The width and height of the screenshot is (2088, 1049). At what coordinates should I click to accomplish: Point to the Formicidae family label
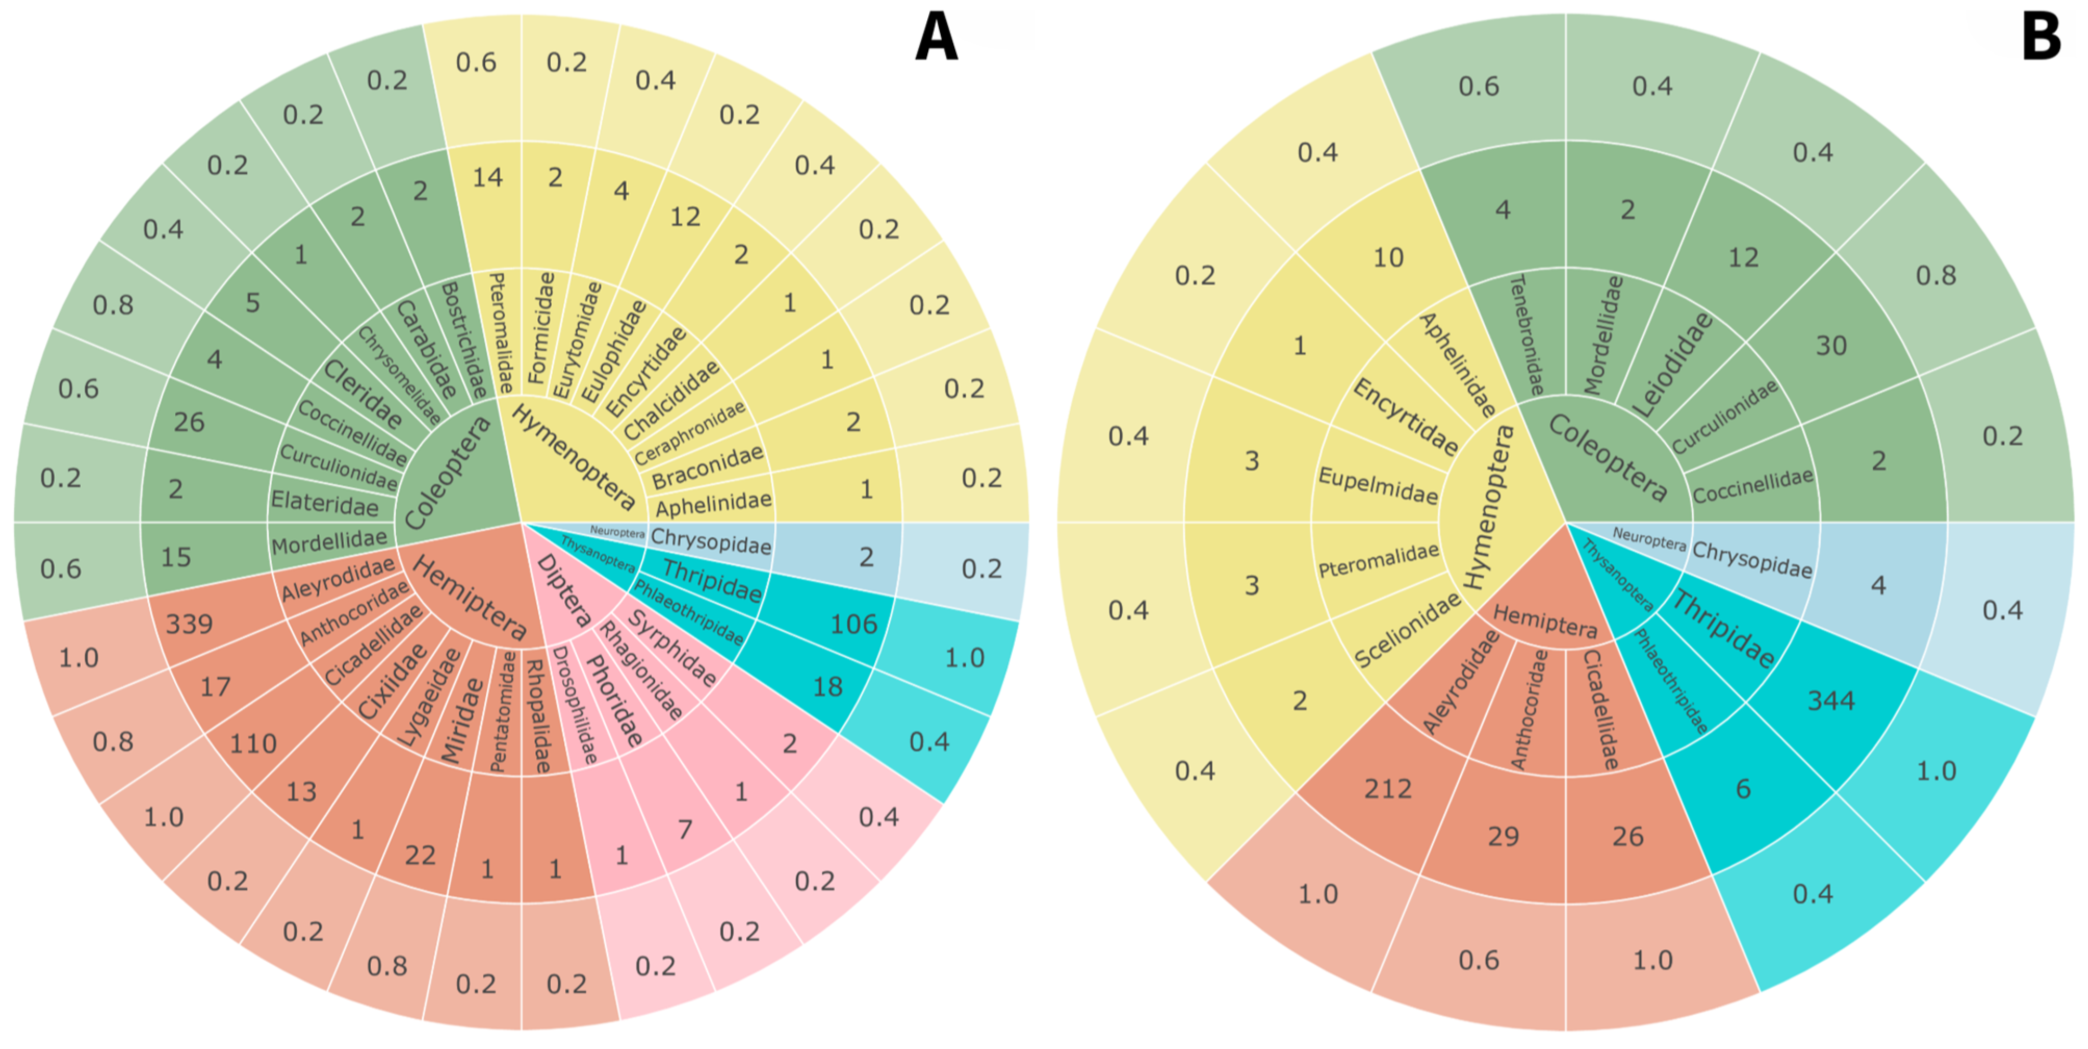(541, 327)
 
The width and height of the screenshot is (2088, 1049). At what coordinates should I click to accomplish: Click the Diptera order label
(565, 591)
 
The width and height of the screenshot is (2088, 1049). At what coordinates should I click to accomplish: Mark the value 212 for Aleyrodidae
(1387, 788)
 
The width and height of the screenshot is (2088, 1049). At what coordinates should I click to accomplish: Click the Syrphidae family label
(672, 648)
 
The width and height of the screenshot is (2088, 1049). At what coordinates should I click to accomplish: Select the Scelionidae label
(1407, 630)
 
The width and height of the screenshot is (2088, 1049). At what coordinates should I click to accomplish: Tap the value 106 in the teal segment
(853, 623)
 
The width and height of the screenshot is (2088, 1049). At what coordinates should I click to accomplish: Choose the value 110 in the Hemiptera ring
(253, 743)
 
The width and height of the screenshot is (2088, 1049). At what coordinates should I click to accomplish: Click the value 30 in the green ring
(1831, 346)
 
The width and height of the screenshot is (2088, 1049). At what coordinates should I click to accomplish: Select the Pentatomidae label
(502, 711)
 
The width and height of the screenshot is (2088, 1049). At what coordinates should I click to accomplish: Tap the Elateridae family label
(324, 503)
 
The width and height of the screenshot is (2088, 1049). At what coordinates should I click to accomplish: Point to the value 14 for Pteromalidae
(487, 177)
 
